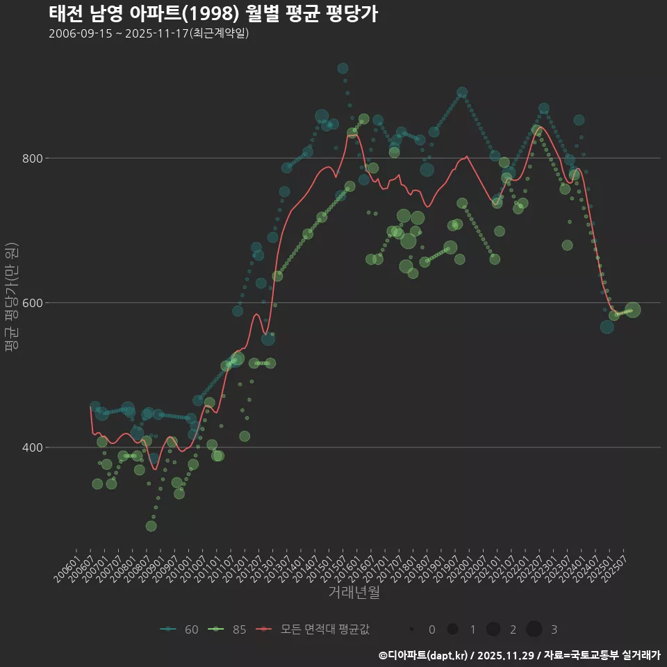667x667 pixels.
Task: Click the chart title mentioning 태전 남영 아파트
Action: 213,13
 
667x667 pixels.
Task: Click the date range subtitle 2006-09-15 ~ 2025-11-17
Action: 149,33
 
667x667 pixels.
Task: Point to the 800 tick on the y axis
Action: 33,158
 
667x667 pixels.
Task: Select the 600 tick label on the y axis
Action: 33,303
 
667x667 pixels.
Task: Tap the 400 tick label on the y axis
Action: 33,447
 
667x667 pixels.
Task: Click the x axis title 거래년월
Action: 354,593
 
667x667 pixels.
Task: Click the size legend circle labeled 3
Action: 534,629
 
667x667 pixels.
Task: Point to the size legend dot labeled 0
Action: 412,629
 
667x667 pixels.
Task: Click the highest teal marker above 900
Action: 343,68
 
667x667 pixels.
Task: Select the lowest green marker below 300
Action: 151,526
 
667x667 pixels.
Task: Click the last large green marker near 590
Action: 632,310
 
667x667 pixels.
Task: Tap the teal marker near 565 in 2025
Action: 607,327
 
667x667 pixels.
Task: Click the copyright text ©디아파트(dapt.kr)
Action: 424,655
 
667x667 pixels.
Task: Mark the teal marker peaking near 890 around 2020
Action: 462,92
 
